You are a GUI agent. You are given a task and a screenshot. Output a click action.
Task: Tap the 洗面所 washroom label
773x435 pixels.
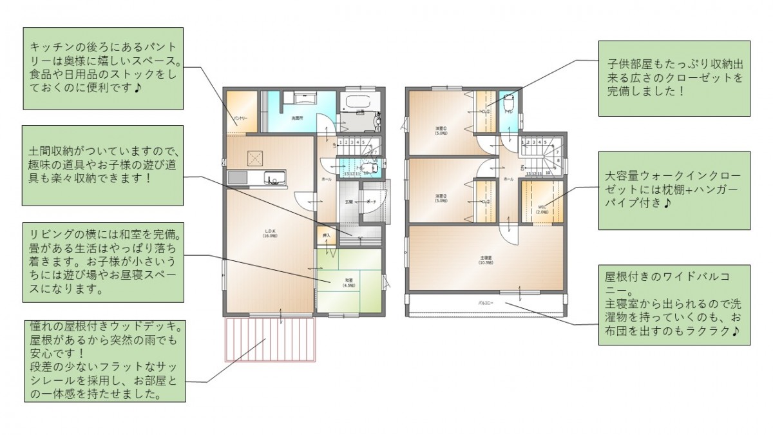296,118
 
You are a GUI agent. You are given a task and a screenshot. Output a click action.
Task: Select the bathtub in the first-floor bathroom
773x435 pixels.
354,102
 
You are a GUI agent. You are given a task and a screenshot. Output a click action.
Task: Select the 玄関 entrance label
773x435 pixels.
348,202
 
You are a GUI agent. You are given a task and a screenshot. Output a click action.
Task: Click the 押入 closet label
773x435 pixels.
327,235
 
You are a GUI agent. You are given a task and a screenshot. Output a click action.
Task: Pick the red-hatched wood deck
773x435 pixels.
269,339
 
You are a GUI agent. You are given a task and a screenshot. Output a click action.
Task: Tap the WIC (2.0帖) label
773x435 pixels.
541,208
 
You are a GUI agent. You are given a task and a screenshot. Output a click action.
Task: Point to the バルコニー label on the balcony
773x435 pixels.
486,302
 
